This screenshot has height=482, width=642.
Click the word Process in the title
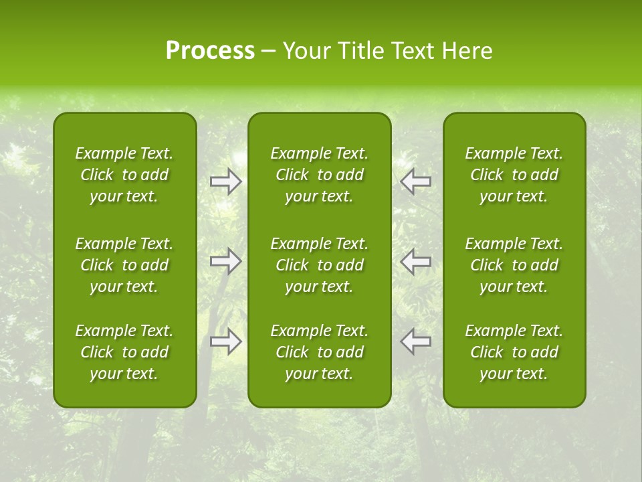(210, 51)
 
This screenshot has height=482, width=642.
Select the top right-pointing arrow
(226, 181)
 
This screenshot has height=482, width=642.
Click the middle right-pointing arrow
(226, 260)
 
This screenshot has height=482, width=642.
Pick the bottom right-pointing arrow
(226, 341)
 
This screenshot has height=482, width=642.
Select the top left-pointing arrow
(415, 181)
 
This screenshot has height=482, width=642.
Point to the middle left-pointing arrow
(415, 260)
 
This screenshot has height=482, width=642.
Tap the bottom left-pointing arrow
(415, 341)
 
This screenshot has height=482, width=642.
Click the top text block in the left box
(124, 175)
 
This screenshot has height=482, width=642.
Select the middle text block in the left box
(124, 265)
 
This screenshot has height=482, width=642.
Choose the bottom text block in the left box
(124, 352)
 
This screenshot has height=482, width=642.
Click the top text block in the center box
(320, 175)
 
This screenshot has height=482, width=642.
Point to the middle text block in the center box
(320, 265)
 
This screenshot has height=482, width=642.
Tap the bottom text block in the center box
(320, 352)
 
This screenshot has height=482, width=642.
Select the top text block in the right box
(514, 175)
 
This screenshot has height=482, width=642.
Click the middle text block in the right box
(514, 265)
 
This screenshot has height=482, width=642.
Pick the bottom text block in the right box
(514, 352)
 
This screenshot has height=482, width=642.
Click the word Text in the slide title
(414, 51)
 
